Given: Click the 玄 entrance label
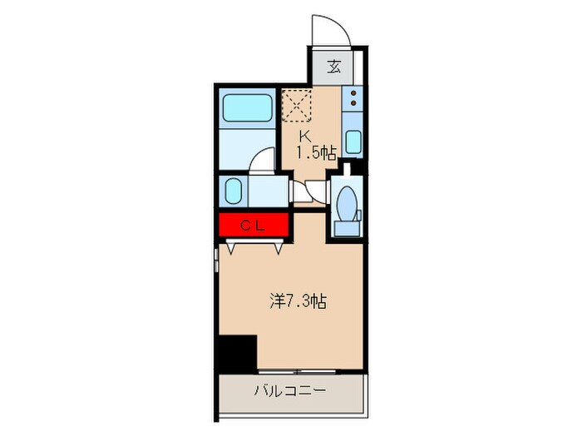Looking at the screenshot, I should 333,67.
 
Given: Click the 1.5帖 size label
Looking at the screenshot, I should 318,152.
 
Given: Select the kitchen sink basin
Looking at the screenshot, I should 353,142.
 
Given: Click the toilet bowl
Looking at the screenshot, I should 345,200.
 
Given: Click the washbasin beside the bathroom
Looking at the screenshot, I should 234,191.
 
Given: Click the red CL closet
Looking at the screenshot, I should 253,226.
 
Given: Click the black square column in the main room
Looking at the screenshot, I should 237,352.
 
